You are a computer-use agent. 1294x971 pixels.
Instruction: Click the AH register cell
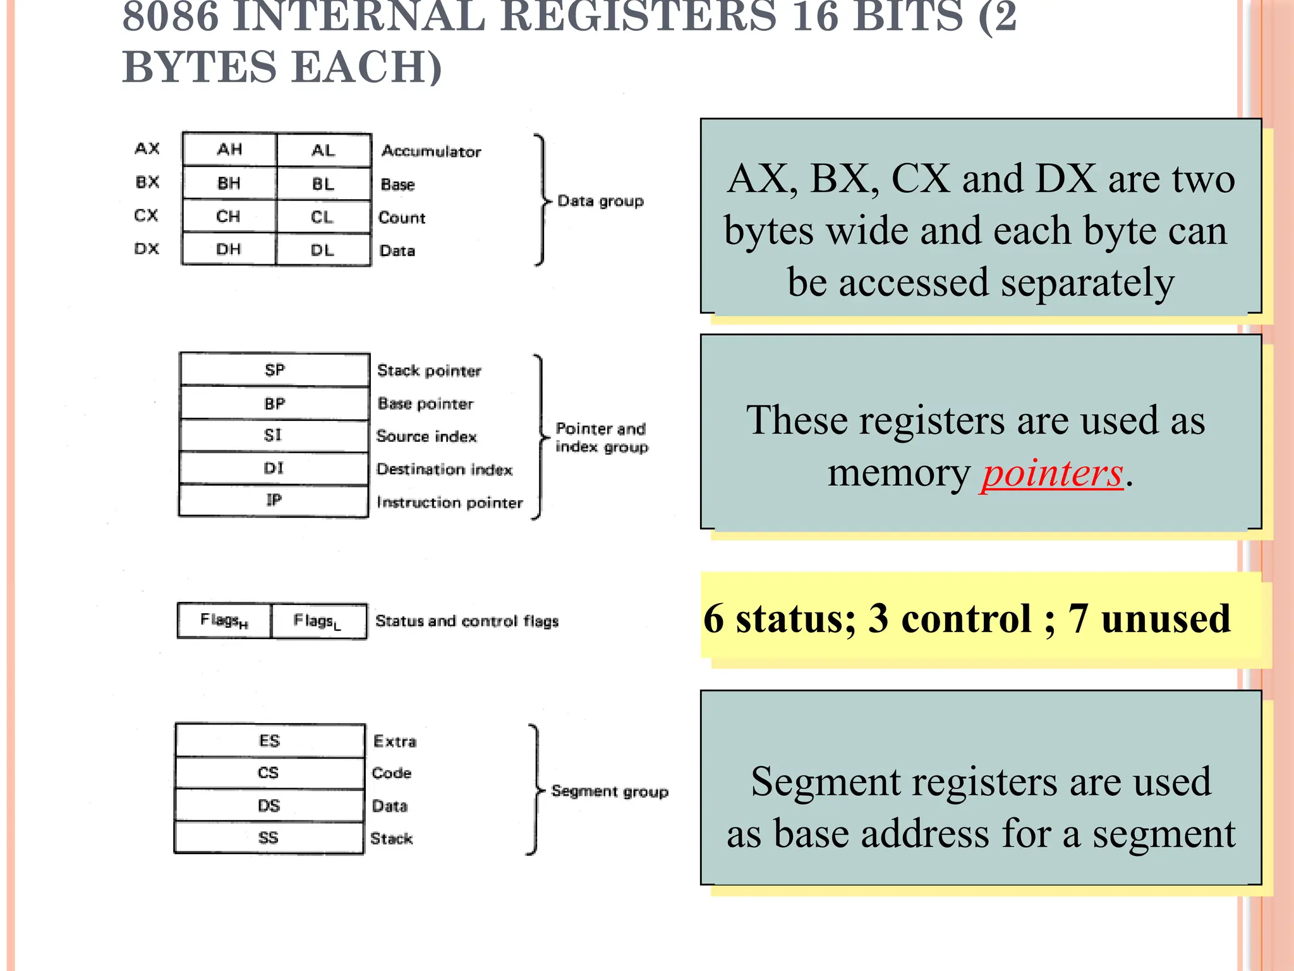pos(229,150)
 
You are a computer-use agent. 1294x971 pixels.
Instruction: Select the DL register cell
pos(323,250)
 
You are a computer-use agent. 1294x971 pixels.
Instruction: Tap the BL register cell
pos(323,184)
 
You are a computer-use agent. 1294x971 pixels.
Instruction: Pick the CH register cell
pos(229,217)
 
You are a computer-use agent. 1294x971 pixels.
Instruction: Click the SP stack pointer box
pos(275,370)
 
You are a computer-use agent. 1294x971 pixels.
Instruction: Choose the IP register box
pos(274,501)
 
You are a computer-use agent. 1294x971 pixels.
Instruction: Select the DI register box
pos(274,468)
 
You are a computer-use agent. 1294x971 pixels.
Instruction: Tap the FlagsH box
pos(224,621)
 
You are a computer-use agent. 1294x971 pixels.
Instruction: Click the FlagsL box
pos(318,621)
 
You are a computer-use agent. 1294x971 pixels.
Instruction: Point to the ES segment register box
pos(270,741)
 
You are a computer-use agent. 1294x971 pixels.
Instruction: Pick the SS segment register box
pos(269,838)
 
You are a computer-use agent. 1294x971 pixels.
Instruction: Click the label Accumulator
pos(432,152)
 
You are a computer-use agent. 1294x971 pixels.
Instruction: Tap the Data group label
pos(600,202)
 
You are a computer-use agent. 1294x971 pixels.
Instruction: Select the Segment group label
pos(610,791)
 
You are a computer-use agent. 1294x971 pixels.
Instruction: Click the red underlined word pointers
pos(1053,473)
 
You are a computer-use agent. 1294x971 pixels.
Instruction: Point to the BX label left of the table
pos(147,183)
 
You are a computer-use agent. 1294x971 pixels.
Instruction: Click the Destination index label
pos(444,470)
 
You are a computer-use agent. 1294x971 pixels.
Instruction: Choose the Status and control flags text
pos(467,621)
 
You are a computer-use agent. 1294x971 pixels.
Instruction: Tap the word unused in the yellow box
pos(1166,618)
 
